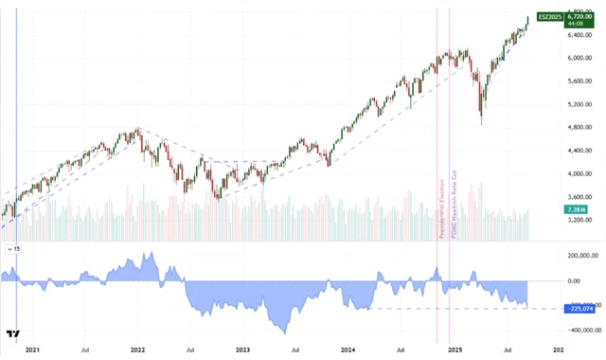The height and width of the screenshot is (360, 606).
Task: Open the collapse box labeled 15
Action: pyautogui.click(x=14, y=248)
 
